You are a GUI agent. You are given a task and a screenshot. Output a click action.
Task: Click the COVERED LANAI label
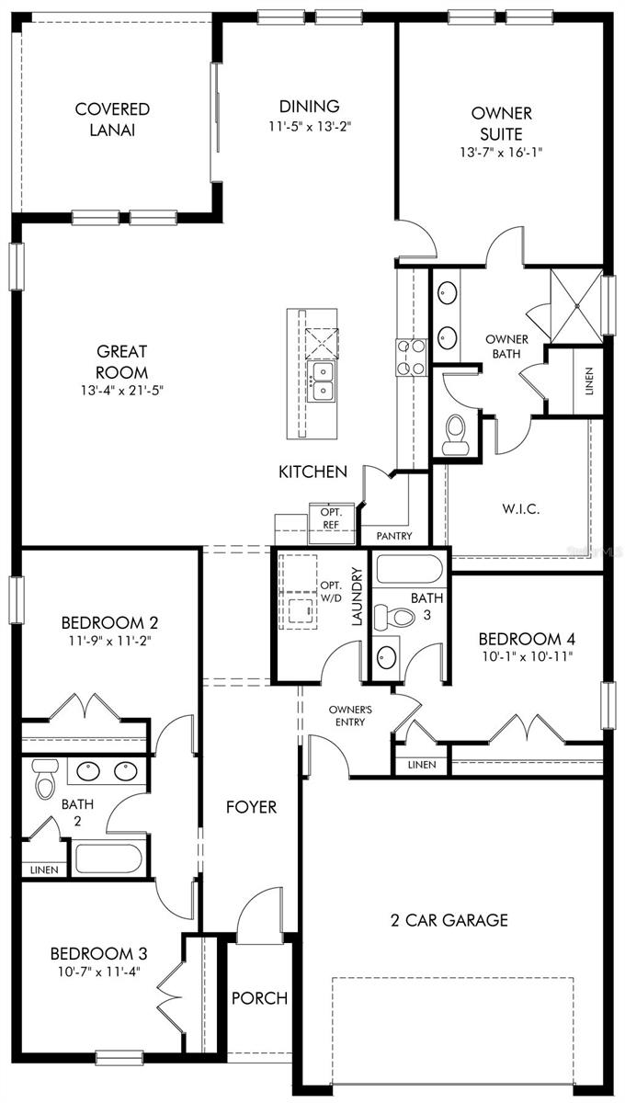coord(112,119)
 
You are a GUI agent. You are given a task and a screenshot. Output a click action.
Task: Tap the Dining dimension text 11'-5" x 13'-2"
coord(309,127)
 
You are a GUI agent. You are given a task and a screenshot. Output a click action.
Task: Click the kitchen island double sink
coord(322,381)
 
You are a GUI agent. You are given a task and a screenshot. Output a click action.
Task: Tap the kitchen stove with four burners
coord(410,357)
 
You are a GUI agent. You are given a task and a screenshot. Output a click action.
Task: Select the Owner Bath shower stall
coord(575,302)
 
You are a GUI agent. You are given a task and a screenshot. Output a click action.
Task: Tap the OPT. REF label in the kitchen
coord(330,517)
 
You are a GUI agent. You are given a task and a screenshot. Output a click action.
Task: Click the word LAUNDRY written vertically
coord(357,597)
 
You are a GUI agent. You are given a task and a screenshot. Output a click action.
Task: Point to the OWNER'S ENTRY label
coord(351,715)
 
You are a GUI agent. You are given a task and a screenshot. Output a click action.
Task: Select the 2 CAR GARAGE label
coord(449,920)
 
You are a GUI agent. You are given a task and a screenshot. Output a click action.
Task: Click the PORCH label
coord(258,998)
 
